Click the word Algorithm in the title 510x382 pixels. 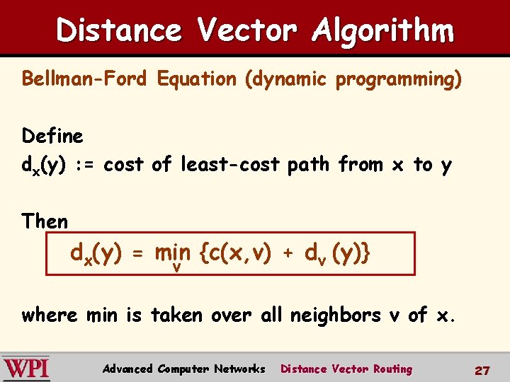tap(382, 30)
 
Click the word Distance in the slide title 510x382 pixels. tap(118, 30)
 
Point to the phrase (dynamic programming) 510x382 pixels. tap(352, 79)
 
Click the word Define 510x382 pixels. tap(52, 135)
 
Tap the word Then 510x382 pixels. tap(45, 221)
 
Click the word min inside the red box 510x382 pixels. tap(173, 253)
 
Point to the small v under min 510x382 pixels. tap(176, 267)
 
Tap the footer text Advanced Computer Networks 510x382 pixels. tap(183, 369)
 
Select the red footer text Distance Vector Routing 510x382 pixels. tap(346, 369)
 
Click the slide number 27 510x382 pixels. tap(482, 370)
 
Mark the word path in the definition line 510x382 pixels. tap(309, 165)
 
